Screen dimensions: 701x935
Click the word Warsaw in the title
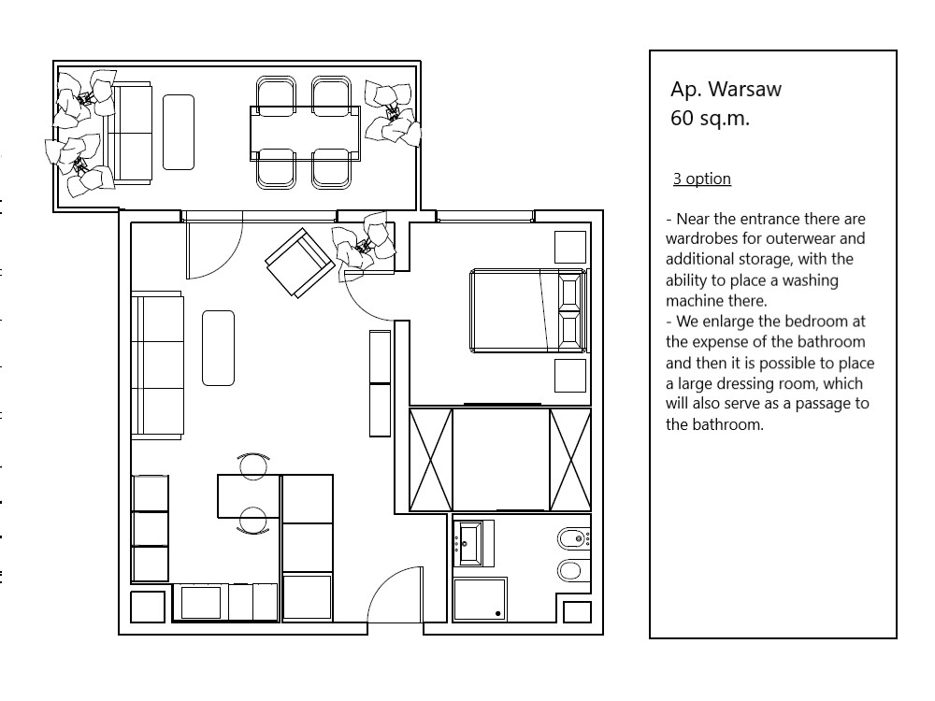coord(744,90)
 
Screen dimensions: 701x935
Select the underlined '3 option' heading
coord(701,179)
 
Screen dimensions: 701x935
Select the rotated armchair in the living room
coord(299,263)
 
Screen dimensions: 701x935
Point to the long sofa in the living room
coord(157,365)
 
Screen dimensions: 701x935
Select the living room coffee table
coord(218,348)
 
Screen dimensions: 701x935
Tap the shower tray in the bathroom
coord(480,599)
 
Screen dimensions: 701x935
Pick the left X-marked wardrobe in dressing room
coord(431,459)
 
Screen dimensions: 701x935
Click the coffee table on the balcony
coord(179,132)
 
